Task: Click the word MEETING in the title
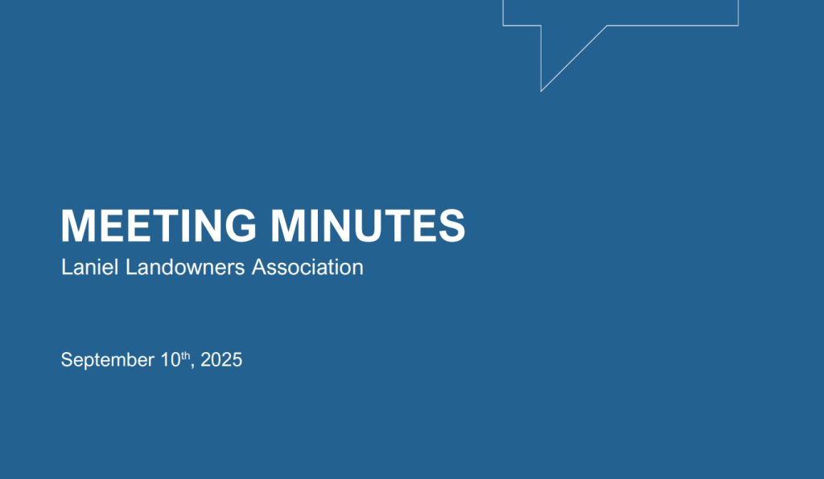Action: point(159,226)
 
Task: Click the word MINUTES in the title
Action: point(368,226)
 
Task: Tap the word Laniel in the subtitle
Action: point(90,267)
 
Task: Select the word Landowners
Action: point(185,267)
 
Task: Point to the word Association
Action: point(307,267)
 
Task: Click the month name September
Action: point(107,360)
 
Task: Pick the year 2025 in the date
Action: point(221,360)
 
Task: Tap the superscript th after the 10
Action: point(186,355)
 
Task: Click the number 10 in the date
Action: point(171,360)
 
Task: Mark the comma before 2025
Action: point(192,366)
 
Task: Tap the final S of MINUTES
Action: point(451,226)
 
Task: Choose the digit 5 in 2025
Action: point(237,360)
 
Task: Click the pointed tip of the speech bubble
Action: point(542,91)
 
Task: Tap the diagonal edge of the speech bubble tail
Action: point(574,58)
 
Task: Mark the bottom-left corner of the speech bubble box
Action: point(504,25)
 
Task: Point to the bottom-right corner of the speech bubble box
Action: point(739,25)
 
